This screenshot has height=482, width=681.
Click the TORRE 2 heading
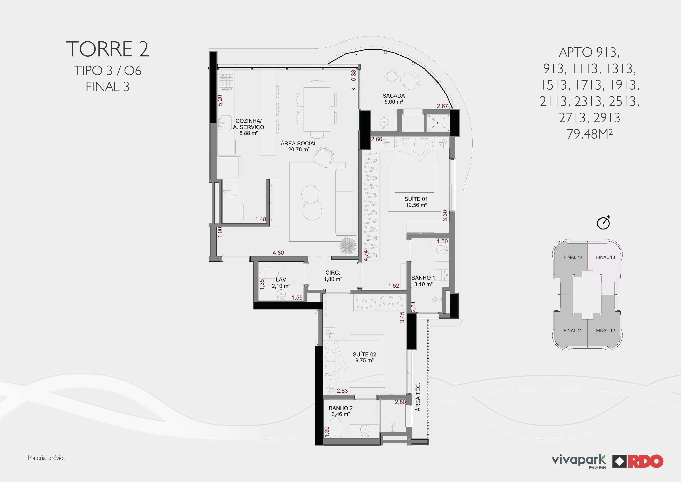click(x=107, y=49)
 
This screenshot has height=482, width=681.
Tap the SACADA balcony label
click(x=394, y=96)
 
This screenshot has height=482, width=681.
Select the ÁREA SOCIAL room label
click(x=299, y=143)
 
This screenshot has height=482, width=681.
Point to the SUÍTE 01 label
click(x=416, y=199)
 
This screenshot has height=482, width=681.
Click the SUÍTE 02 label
click(x=364, y=354)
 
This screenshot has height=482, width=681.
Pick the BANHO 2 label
click(x=341, y=408)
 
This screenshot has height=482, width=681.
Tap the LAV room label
click(x=281, y=280)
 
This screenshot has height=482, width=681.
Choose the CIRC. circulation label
click(x=333, y=273)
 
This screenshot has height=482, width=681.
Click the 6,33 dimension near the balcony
click(x=353, y=75)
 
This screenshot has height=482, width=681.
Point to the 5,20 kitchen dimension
click(x=220, y=100)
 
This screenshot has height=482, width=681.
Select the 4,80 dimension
click(x=278, y=253)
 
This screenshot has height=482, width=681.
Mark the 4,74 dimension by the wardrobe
click(x=366, y=256)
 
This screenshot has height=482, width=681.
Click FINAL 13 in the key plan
click(x=605, y=257)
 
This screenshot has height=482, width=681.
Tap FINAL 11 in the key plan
click(x=572, y=330)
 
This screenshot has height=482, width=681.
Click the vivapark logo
click(x=579, y=461)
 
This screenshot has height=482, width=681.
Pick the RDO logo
click(x=638, y=461)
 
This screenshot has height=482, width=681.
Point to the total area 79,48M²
click(x=589, y=134)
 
